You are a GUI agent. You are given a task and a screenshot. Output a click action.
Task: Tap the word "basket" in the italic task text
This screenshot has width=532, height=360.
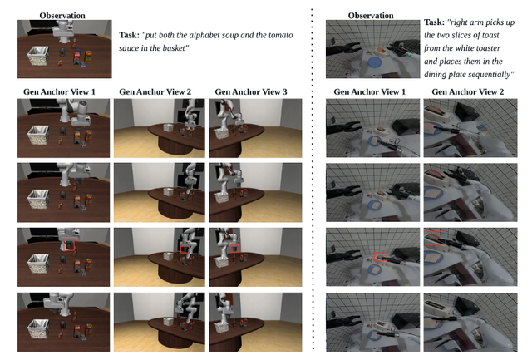[175, 48]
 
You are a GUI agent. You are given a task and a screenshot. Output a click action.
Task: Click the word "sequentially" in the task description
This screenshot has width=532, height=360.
[491, 75]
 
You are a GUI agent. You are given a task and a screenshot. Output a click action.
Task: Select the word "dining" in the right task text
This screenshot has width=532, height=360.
[434, 75]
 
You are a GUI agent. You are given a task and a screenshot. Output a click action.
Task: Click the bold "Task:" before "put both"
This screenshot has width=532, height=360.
[130, 35]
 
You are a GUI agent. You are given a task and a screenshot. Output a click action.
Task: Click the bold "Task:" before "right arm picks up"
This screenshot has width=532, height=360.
[434, 22]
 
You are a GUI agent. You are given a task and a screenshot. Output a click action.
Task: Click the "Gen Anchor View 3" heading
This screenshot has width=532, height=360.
[251, 91]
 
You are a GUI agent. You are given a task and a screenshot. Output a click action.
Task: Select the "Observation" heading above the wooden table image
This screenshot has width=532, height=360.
[62, 16]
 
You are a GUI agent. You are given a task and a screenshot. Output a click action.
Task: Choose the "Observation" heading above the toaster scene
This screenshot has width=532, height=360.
[371, 16]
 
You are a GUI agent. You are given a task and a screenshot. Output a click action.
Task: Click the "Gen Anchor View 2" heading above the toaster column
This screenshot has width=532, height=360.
[468, 91]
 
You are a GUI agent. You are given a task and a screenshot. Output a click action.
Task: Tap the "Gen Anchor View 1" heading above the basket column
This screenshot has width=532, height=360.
[59, 91]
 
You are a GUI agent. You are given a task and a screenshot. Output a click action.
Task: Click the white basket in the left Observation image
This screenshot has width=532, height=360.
[37, 56]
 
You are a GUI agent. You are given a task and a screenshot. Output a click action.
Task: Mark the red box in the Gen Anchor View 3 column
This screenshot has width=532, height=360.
[234, 249]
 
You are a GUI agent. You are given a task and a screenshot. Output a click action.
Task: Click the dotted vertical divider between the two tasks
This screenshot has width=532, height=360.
[313, 180]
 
